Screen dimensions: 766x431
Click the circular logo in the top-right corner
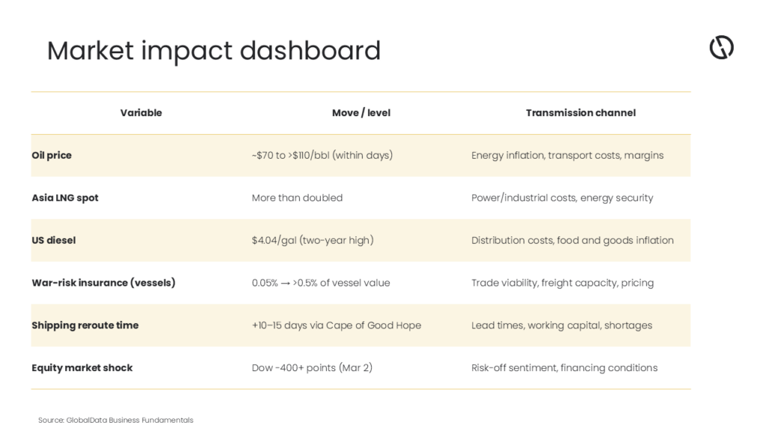coord(722,47)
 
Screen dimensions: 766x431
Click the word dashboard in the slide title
coord(310,50)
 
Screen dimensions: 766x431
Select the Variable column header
coord(141,113)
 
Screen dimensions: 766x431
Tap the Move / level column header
coord(361,113)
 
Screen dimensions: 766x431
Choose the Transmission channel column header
coord(580,113)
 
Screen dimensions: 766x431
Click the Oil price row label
coord(52,156)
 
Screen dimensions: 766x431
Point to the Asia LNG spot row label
coord(65,198)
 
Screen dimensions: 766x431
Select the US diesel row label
coord(54,240)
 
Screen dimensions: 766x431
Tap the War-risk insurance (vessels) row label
coord(103,283)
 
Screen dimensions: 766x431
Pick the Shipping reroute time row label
coord(85,325)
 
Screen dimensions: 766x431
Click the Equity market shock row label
coord(82,368)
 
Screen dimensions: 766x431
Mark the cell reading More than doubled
coord(297,198)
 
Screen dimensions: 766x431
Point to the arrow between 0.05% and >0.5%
coord(285,284)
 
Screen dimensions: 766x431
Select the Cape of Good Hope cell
coord(336,325)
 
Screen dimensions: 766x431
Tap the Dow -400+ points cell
coord(312,368)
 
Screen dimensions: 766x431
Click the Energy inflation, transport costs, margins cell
coord(567,156)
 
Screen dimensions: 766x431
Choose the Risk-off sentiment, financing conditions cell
coord(564,368)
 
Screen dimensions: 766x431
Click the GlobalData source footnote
coord(116,421)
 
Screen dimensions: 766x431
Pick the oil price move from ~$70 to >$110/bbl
coord(322,156)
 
